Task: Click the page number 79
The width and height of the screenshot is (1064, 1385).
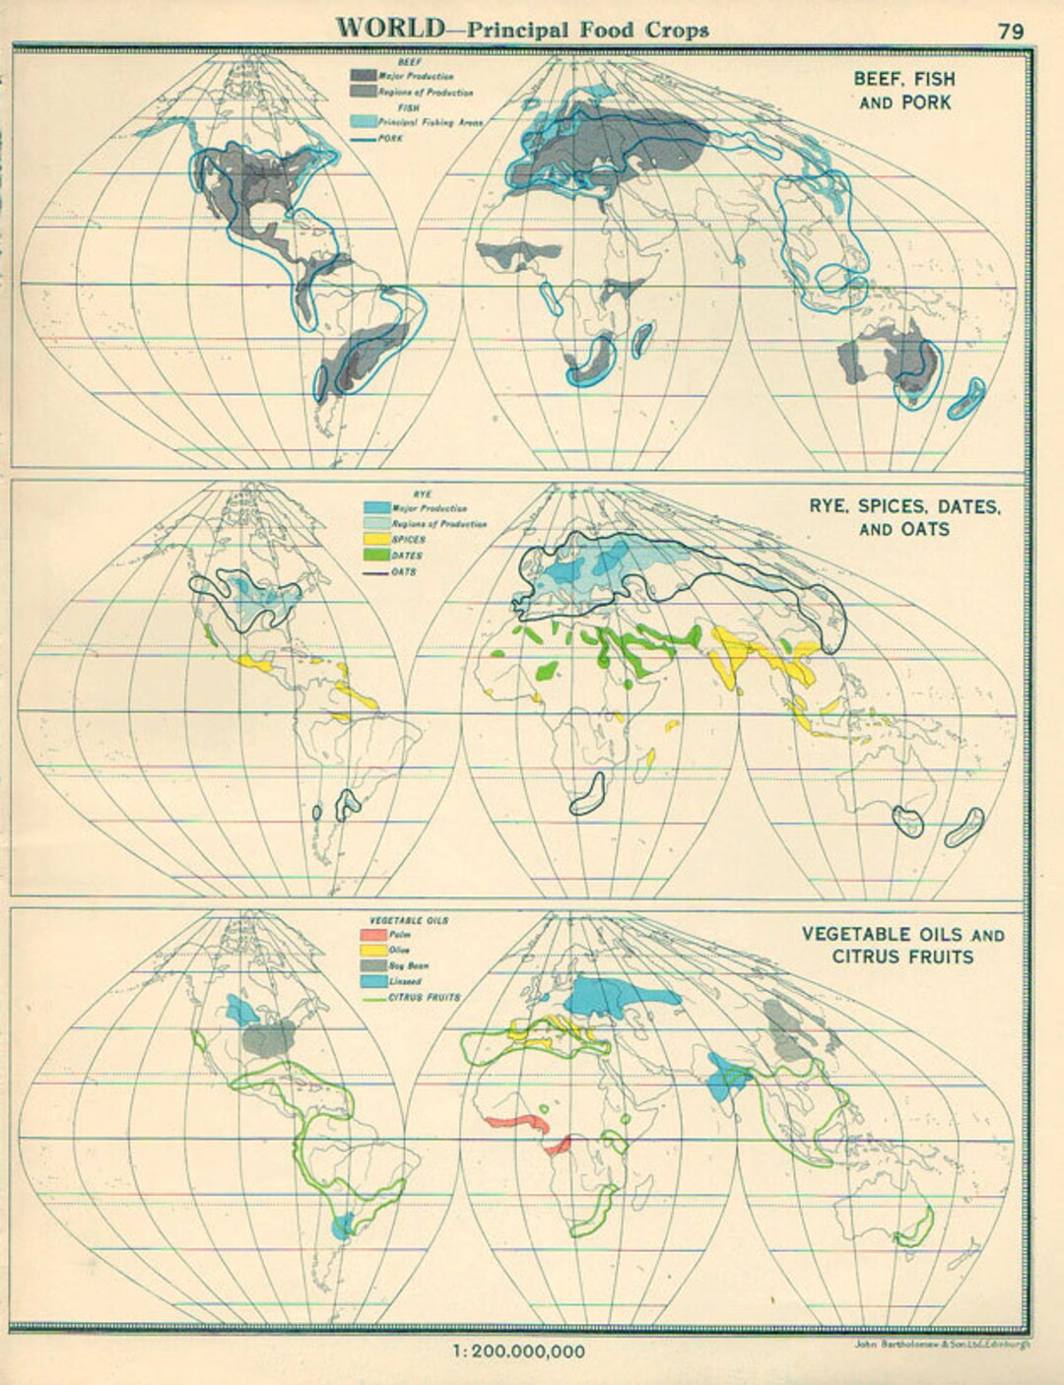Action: tap(1010, 30)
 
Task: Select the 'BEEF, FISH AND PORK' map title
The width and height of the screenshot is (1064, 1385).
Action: tap(904, 90)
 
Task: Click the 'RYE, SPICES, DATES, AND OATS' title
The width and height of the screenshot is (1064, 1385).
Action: tap(904, 518)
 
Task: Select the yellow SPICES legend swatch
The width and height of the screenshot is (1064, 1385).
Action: tap(377, 540)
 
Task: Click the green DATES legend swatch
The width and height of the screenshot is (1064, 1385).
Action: tap(377, 556)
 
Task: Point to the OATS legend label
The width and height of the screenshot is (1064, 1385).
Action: tap(404, 571)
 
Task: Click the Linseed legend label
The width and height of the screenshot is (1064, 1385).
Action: tap(406, 981)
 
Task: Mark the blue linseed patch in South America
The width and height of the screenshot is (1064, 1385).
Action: tap(342, 1227)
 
